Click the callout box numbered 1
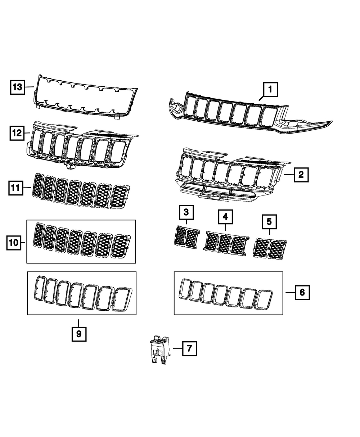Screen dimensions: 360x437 click(271, 90)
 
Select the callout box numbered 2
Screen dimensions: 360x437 click(301, 175)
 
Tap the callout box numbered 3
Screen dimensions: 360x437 click(186, 212)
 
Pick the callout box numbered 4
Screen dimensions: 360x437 click(225, 217)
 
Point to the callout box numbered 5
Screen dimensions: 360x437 click(269, 222)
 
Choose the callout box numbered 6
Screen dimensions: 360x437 click(302, 292)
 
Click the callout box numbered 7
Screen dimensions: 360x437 click(189, 348)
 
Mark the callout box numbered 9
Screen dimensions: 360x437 click(79, 334)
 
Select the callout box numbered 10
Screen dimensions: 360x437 click(14, 243)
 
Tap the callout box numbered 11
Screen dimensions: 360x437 click(16, 188)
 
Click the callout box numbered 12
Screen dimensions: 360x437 click(17, 133)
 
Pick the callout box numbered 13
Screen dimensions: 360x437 click(17, 87)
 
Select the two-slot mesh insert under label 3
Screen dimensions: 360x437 click(186, 237)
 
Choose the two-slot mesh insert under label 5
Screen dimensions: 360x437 click(270, 248)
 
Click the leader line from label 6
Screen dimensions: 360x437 click(290, 293)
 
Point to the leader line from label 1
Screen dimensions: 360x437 click(262, 98)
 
